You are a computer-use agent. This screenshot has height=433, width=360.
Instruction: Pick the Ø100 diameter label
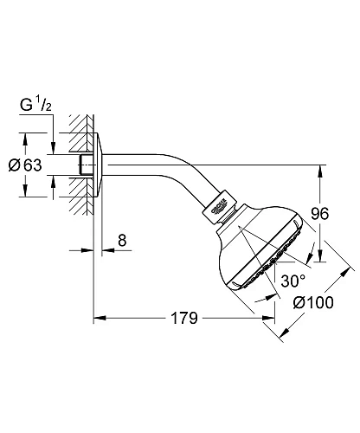tap(312, 304)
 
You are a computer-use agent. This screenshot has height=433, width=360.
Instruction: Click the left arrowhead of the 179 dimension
tap(99, 318)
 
